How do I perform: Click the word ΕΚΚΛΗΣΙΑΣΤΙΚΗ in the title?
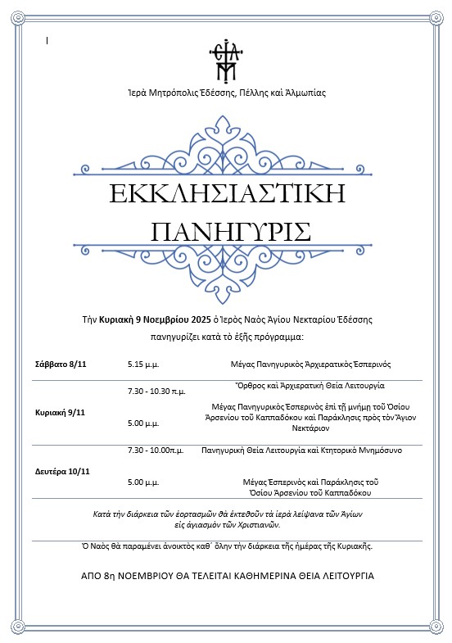pyautogui.click(x=226, y=195)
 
